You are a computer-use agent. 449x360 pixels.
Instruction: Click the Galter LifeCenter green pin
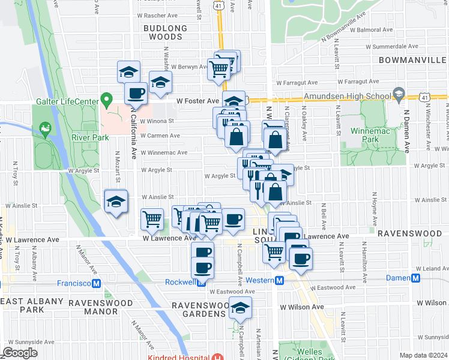tap(107, 99)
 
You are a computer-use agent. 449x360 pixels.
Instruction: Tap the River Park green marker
tap(44, 128)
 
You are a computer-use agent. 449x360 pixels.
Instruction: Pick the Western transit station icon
tap(279, 280)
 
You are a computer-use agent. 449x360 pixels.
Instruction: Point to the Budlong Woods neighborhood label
tap(165, 32)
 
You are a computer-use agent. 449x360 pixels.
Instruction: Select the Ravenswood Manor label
tap(93, 307)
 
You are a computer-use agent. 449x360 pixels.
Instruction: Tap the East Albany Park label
tap(32, 305)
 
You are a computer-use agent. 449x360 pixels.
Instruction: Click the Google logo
tap(20, 353)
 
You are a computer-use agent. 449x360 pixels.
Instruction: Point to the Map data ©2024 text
tap(423, 355)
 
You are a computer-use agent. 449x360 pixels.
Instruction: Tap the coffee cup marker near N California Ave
tap(135, 94)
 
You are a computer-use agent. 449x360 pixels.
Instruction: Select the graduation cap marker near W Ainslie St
tap(116, 202)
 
